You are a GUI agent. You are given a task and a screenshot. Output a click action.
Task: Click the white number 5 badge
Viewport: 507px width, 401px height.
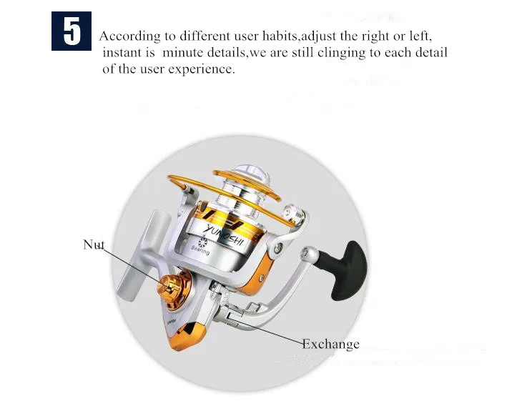point(72,31)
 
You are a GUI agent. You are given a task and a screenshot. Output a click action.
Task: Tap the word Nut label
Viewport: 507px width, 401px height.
point(94,244)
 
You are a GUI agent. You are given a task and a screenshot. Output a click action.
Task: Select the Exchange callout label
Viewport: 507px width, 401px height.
point(330,345)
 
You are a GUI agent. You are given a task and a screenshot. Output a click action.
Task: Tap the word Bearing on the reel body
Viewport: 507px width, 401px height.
point(200,250)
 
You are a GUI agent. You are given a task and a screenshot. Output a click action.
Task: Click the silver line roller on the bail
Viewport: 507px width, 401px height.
point(294,214)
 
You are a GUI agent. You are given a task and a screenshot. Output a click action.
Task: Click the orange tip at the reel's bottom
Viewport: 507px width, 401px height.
point(187,336)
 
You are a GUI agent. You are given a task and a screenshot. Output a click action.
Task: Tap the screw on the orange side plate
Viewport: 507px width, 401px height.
point(261,277)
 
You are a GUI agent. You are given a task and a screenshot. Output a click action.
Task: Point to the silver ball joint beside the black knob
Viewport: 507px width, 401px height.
point(309,253)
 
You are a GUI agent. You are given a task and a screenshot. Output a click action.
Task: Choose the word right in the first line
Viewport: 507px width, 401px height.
point(375,36)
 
